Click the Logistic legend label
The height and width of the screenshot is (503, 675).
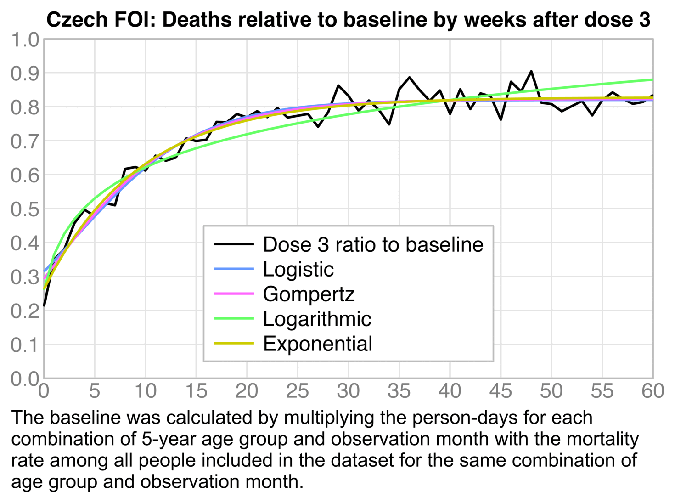click(298, 269)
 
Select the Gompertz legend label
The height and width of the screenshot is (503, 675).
click(309, 294)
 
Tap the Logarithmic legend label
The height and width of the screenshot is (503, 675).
click(317, 319)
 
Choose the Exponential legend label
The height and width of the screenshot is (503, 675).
click(317, 344)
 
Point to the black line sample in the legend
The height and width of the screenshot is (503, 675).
click(234, 244)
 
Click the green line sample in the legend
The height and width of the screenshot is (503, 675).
click(234, 319)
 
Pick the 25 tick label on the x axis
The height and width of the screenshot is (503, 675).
click(298, 391)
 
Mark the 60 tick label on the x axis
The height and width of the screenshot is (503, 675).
click(652, 391)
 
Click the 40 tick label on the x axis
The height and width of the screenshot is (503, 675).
click(450, 391)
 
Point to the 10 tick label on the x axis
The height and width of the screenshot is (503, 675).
click(145, 391)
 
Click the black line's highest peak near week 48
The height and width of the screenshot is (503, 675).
click(531, 72)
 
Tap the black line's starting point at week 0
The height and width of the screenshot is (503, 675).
click(44, 305)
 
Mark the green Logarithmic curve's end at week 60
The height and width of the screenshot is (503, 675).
click(652, 80)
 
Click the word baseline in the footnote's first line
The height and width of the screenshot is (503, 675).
click(83, 418)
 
